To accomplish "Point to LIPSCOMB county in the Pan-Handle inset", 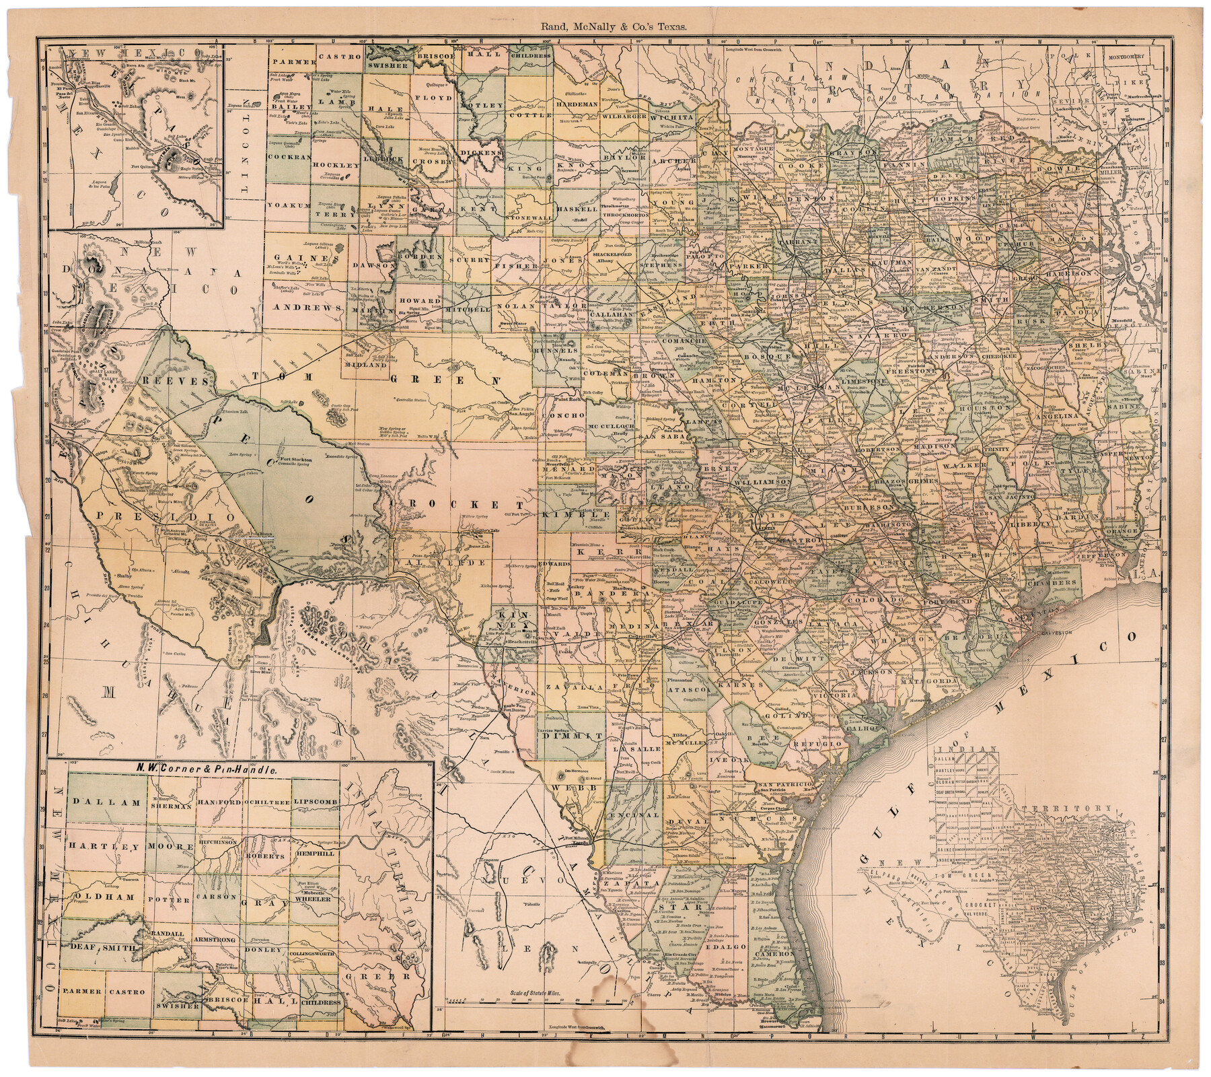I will (x=315, y=804).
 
